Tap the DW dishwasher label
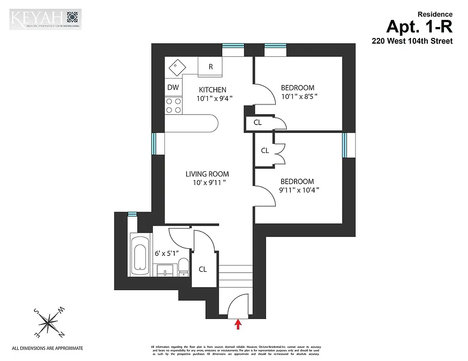pos(173,88)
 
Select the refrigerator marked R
pos(211,66)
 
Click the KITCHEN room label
pos(212,90)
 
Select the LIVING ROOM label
pos(207,174)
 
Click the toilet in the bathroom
pos(183,266)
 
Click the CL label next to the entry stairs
pos(203,269)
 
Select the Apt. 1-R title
pos(419,28)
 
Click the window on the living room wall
pos(154,143)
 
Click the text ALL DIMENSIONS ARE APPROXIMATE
pos(47,348)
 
